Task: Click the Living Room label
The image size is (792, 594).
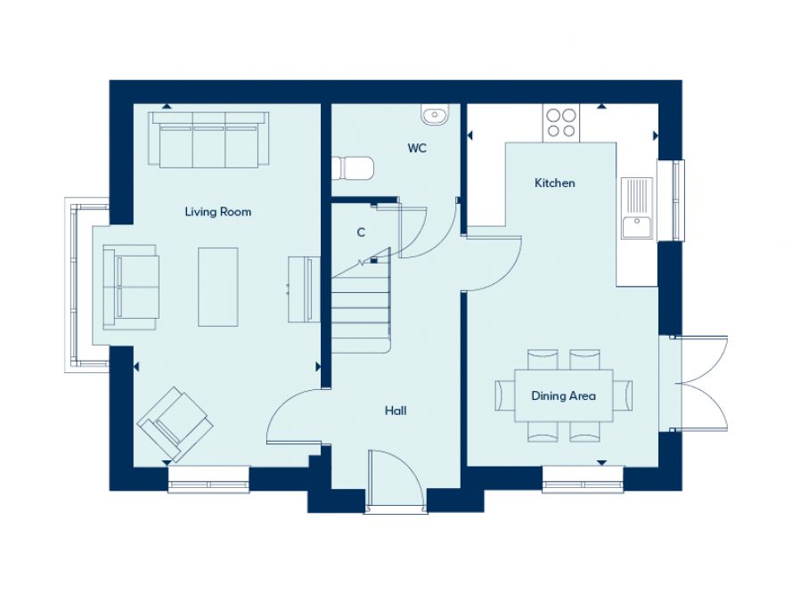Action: (x=217, y=212)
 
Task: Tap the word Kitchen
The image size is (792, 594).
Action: (x=554, y=183)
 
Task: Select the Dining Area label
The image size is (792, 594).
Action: (x=563, y=395)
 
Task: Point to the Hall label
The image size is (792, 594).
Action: (x=396, y=411)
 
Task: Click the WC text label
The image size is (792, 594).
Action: (x=417, y=149)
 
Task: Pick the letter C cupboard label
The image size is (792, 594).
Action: (x=361, y=233)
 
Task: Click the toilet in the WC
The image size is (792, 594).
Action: (x=353, y=168)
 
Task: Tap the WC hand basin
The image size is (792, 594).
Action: (x=436, y=114)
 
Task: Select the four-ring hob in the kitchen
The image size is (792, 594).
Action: (x=561, y=122)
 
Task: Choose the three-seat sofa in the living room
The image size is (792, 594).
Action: (x=210, y=139)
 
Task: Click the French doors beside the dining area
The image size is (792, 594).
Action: (x=699, y=383)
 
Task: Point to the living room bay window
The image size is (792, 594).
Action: (x=80, y=285)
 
